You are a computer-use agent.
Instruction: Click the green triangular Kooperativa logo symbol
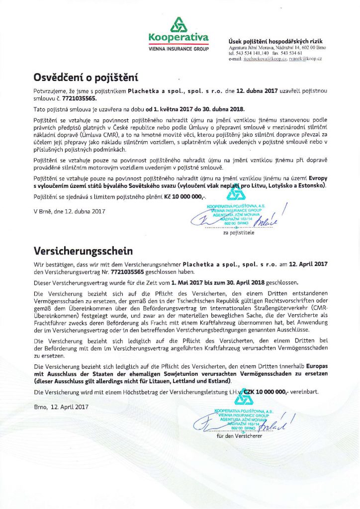(179, 24)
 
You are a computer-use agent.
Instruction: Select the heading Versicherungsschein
(81, 250)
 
